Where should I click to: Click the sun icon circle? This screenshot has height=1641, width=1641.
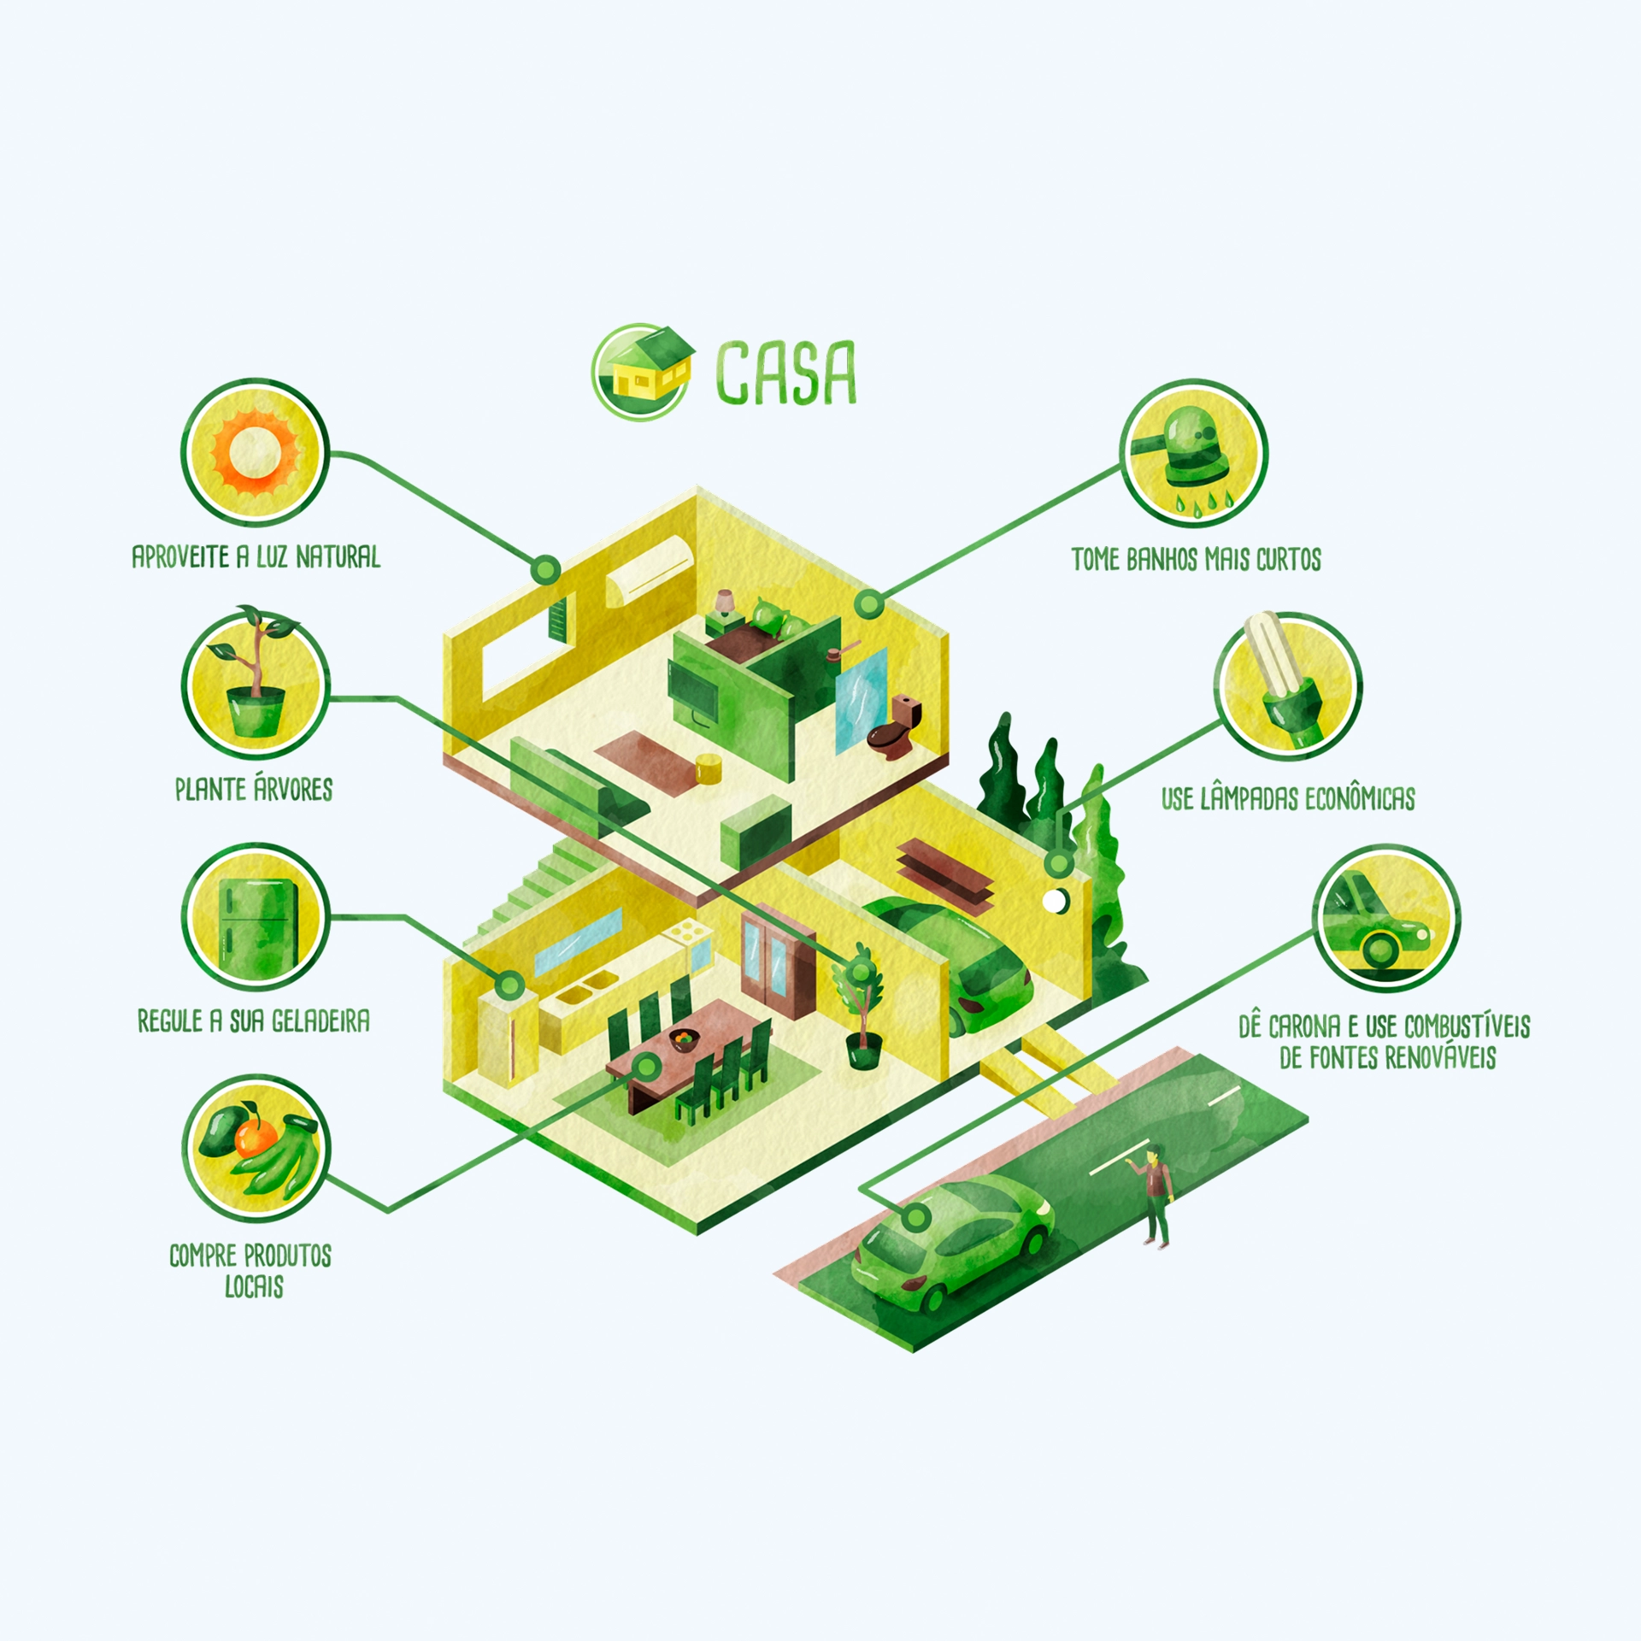(x=255, y=452)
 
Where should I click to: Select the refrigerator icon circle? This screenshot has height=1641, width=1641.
(x=255, y=917)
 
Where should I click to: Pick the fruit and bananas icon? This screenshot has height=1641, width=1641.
(x=255, y=1149)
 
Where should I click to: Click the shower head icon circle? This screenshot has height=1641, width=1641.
(x=1194, y=454)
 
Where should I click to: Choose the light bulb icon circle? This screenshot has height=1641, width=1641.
(x=1288, y=685)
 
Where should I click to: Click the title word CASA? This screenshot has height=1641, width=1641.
(x=785, y=372)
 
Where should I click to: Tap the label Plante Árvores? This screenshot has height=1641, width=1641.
(x=254, y=788)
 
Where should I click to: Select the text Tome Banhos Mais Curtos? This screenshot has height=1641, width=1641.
(x=1197, y=560)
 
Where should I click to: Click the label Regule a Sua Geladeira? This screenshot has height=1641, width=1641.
(x=254, y=1020)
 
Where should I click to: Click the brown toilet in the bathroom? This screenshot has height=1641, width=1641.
(x=894, y=727)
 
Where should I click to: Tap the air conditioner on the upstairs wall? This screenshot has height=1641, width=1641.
(x=650, y=568)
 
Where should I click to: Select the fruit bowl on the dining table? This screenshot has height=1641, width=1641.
(x=684, y=1040)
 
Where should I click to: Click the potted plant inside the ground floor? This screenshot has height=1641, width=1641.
(x=861, y=1006)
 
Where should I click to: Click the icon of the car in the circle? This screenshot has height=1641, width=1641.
(x=1386, y=918)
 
